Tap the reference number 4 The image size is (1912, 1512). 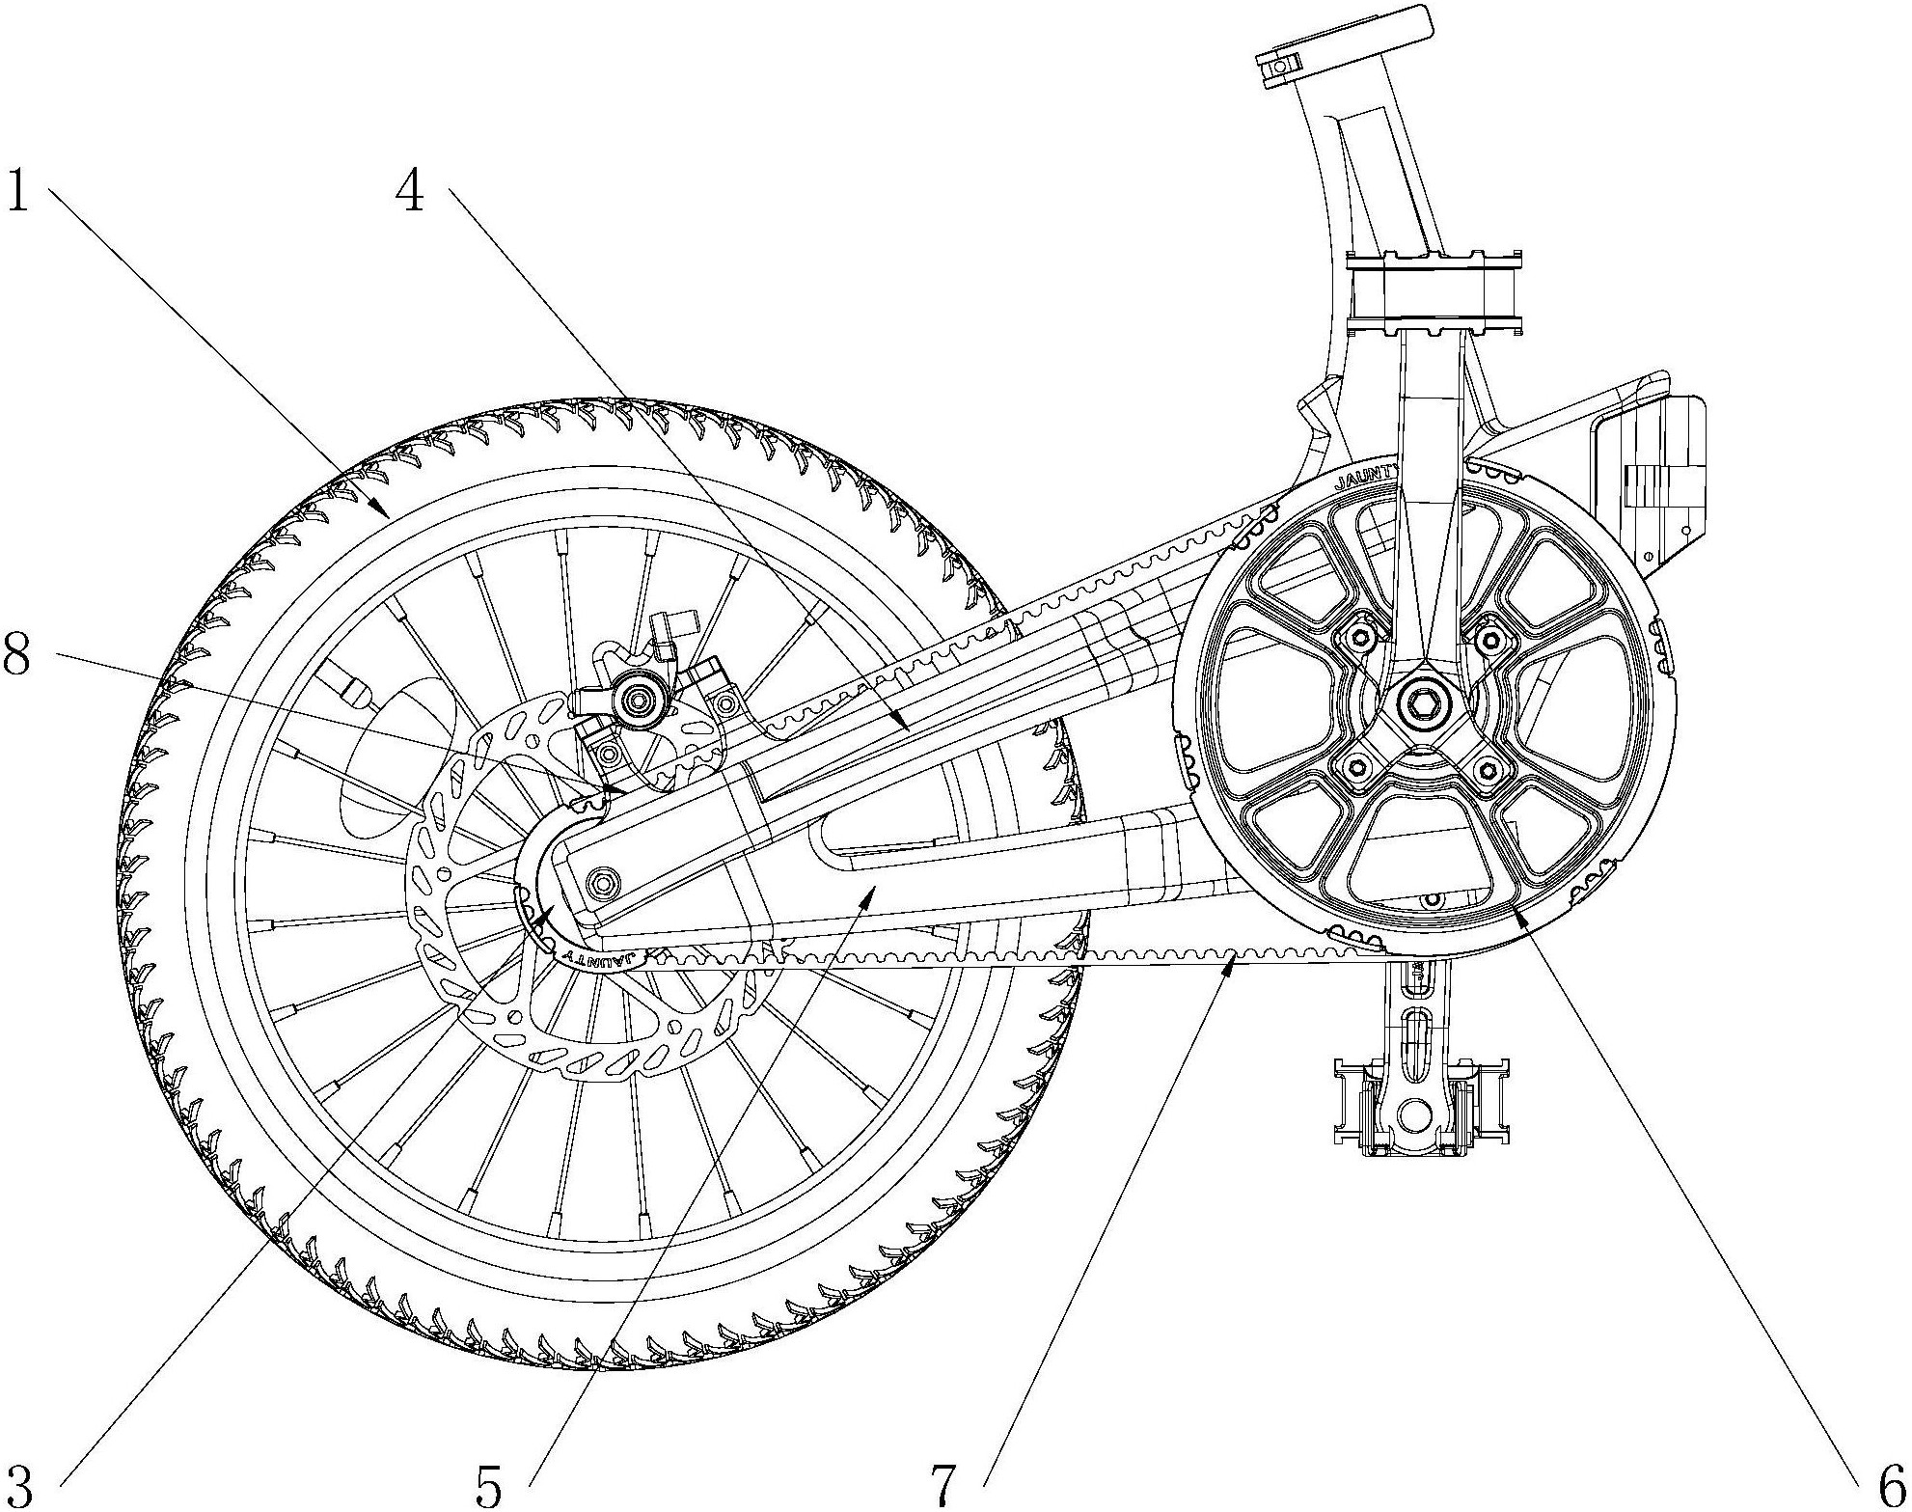(410, 190)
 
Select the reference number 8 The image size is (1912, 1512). (17, 655)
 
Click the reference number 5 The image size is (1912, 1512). (489, 1485)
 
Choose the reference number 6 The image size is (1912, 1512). (1888, 1483)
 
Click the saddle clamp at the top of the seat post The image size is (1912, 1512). (1279, 65)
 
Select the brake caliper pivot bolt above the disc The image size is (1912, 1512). (637, 697)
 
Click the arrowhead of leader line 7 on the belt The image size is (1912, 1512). (1232, 962)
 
